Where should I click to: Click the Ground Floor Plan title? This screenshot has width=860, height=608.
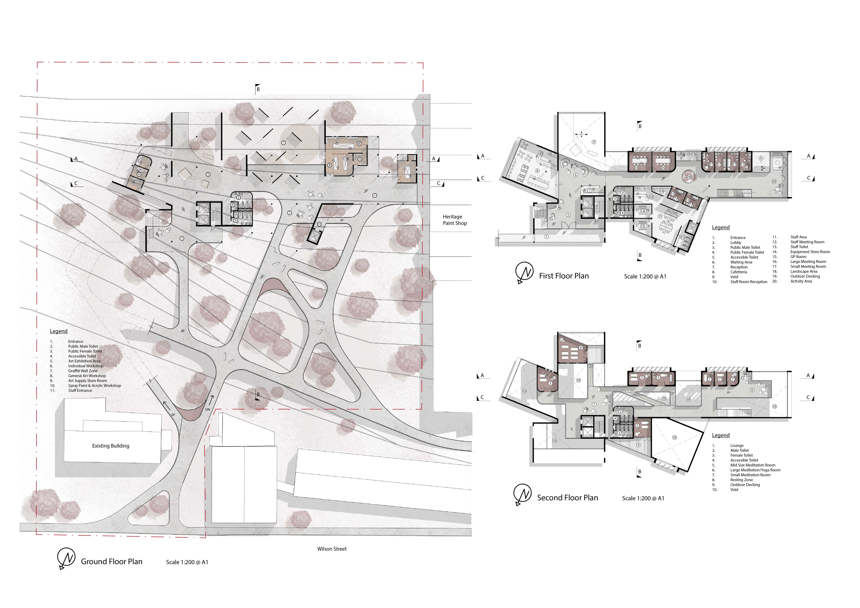click(112, 562)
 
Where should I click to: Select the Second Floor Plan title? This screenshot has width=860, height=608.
click(567, 498)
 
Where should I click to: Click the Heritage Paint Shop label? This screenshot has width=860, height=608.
click(455, 220)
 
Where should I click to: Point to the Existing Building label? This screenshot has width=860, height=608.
click(110, 446)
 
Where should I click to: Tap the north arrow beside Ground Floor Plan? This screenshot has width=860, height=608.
click(66, 559)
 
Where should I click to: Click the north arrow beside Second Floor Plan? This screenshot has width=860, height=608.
click(523, 495)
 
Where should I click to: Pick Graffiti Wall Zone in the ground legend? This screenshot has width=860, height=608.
click(83, 371)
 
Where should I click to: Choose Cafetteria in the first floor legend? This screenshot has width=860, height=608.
click(738, 272)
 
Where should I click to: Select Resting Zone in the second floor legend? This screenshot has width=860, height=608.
click(741, 480)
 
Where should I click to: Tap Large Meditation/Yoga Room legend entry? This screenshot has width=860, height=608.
click(755, 470)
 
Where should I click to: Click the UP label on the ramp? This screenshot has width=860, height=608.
click(173, 415)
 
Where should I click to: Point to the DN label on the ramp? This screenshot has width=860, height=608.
click(208, 410)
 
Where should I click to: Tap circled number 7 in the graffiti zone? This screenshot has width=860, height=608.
click(284, 143)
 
